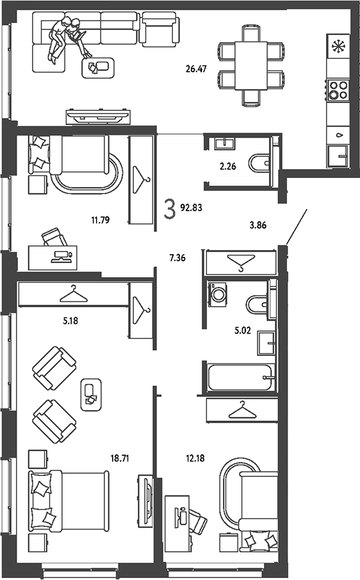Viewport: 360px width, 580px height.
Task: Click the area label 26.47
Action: (196, 68)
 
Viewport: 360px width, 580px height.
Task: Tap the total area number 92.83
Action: (192, 207)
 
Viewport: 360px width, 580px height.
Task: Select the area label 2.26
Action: (228, 166)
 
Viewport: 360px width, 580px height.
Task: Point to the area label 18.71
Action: (120, 458)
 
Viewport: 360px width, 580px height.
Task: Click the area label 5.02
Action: (243, 330)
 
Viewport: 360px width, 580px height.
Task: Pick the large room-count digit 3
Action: (170, 209)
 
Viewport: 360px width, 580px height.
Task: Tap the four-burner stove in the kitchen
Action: (338, 90)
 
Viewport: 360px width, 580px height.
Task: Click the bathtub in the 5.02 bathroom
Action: (241, 377)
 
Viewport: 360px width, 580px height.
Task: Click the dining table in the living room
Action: (251, 65)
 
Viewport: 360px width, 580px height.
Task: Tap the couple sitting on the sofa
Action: (69, 38)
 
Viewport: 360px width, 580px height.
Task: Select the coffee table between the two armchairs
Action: (91, 395)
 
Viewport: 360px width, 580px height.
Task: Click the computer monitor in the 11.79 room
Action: (62, 255)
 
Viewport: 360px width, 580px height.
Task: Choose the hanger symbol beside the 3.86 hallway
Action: (241, 262)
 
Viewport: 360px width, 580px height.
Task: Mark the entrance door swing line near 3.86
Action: (297, 227)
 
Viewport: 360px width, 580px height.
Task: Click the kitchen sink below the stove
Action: (337, 156)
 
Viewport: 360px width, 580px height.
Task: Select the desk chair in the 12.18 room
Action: (197, 519)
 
